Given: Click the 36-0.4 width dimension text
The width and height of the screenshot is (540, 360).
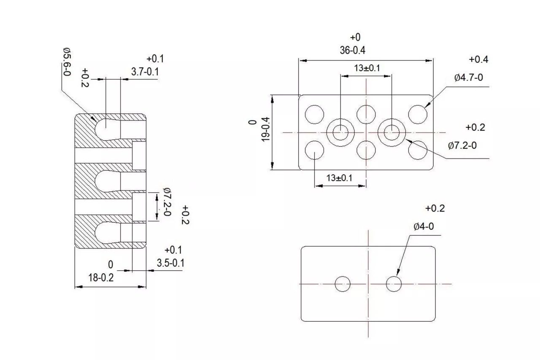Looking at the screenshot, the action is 352,50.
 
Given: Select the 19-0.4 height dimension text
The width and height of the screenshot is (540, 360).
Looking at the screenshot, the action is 265,129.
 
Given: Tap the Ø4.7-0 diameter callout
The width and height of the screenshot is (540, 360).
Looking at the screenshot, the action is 469,78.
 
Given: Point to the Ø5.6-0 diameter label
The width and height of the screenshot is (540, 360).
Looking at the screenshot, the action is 67,62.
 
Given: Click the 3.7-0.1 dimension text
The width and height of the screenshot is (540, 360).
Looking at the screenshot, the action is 145,72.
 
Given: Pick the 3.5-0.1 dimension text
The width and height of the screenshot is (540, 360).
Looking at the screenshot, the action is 171,263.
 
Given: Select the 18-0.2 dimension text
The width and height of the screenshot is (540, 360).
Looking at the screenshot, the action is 101,278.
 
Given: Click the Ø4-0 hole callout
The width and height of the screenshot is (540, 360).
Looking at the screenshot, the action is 424,226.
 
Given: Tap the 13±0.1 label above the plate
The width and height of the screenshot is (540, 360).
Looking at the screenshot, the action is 367,68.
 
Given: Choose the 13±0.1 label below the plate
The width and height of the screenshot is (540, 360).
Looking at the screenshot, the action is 339,178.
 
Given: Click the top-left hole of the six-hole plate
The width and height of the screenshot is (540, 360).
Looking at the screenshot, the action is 314,115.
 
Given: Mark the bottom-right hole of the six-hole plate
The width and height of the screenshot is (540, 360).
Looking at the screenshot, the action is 418,150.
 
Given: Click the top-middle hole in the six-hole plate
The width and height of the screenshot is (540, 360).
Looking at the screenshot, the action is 366,115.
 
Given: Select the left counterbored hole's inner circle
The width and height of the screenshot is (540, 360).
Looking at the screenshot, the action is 340,125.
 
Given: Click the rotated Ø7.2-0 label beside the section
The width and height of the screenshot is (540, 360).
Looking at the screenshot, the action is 167,201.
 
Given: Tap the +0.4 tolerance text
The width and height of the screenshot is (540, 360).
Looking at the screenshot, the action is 478,59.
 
